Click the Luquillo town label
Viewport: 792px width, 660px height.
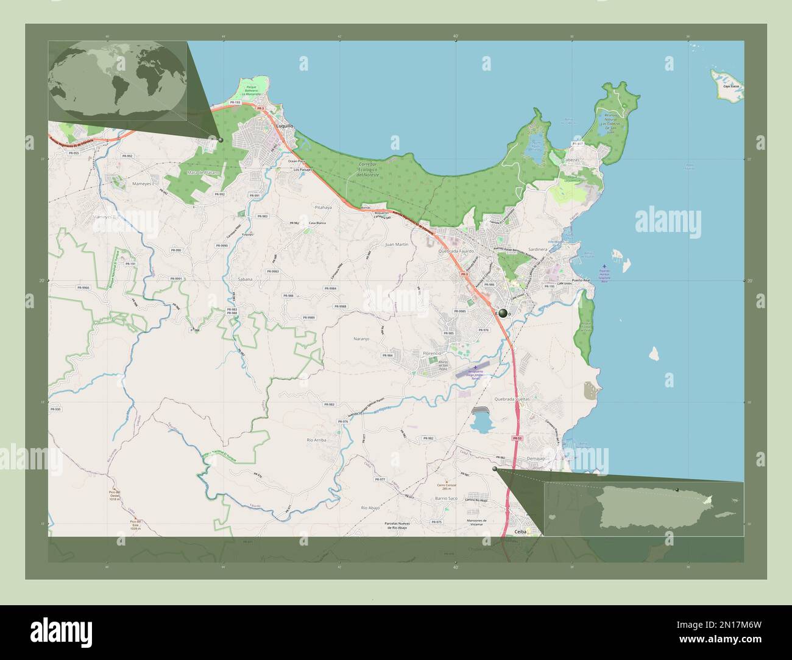(x=285, y=126)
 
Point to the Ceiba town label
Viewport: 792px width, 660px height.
(x=520, y=532)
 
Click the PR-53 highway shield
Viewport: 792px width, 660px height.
(x=517, y=438)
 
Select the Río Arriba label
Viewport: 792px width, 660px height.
(x=317, y=439)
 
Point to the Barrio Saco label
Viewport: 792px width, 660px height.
(x=446, y=498)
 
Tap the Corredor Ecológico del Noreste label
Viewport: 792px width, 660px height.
(x=372, y=169)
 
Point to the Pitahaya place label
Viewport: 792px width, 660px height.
(x=323, y=208)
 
